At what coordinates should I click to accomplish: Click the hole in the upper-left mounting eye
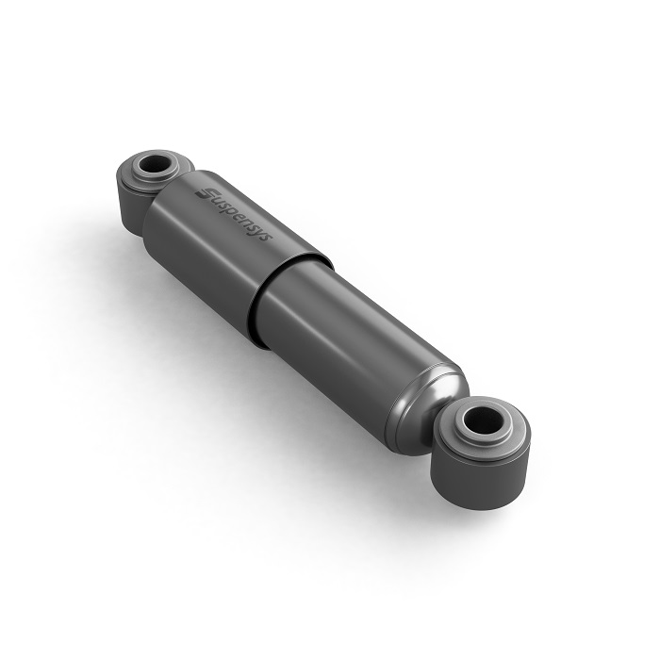tap(154, 165)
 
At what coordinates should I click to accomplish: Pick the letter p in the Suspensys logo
tap(233, 212)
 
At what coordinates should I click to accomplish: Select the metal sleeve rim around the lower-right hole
tap(484, 434)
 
